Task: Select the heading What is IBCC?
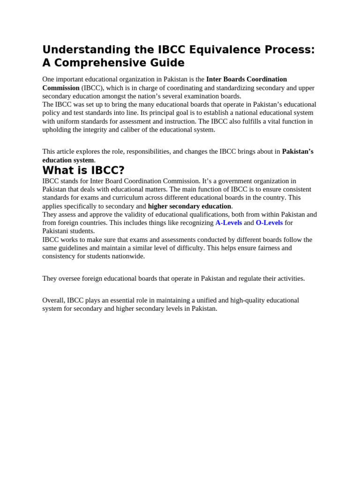pos(83,170)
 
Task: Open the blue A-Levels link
pos(228,223)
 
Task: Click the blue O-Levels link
pos(269,223)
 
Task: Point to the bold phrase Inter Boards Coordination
pos(247,79)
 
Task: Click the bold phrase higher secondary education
pos(189,206)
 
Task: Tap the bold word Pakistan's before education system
pos(297,151)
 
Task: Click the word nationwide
pos(127,256)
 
